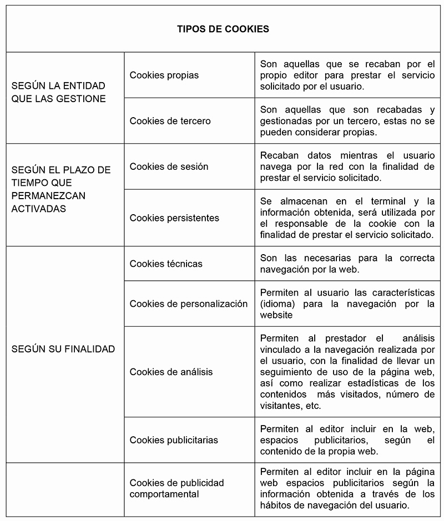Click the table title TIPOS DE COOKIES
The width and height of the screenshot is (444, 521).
(223, 29)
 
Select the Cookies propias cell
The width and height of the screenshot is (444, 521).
(164, 75)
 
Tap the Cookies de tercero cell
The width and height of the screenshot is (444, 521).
(170, 121)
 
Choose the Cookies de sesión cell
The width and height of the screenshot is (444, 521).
(169, 166)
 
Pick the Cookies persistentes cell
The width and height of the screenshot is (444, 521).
(174, 218)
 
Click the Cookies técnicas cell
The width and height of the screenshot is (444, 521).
(166, 264)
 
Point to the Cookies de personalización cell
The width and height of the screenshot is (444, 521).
(189, 304)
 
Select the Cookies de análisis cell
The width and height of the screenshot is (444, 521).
(171, 372)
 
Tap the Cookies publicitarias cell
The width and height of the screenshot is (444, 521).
(174, 440)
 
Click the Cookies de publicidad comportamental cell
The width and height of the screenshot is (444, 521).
(176, 488)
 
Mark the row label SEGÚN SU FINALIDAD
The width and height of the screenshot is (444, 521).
(63, 349)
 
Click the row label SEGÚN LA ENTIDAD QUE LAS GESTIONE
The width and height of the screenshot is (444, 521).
(58, 92)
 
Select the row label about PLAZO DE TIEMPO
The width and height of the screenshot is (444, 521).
(61, 189)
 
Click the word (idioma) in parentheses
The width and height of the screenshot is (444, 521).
(281, 304)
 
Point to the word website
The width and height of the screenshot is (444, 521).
(276, 315)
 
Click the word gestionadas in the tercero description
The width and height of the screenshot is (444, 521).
(285, 121)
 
